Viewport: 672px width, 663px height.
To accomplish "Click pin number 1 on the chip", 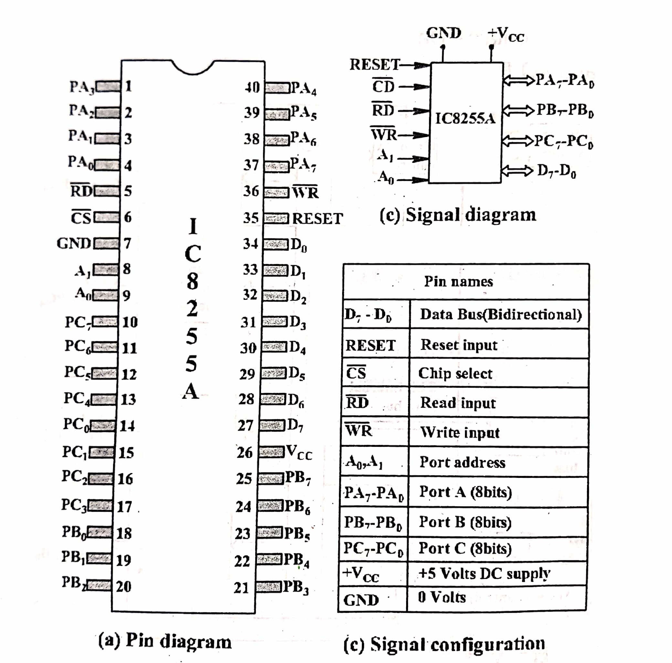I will pos(128,86).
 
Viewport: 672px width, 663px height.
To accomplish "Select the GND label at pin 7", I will pos(74,244).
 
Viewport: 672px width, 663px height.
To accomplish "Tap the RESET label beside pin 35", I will pos(317,219).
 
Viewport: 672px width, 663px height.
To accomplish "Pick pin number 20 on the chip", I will pos(123,586).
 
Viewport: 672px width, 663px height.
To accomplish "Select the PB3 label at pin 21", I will pos(296,587).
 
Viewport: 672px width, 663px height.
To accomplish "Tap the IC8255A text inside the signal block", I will pos(465,119).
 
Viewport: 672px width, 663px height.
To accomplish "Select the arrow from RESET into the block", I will pos(416,65).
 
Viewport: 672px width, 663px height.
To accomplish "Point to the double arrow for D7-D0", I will pos(517,171).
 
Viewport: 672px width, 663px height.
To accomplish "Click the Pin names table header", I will pos(458,281).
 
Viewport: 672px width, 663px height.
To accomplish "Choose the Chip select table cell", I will pos(455,373).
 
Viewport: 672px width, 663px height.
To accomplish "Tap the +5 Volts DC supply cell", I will pos(484,573).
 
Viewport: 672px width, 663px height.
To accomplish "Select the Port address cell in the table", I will pos(462,462).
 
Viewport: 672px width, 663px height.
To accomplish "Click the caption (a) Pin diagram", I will pos(165,641).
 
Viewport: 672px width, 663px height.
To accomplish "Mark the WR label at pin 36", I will pos(305,192).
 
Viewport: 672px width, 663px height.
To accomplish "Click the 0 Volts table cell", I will pos(442,597).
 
